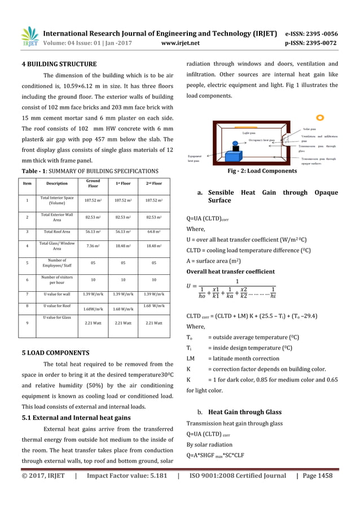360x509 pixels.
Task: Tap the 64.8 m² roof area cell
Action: [155, 231]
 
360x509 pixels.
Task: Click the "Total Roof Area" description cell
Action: [56, 231]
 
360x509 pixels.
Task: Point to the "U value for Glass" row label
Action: [56, 319]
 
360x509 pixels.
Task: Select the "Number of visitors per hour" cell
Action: [56, 279]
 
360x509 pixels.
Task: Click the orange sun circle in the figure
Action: [320, 118]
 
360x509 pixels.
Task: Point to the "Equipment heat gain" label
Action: [195, 158]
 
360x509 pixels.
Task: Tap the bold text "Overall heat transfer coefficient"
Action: [231, 271]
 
